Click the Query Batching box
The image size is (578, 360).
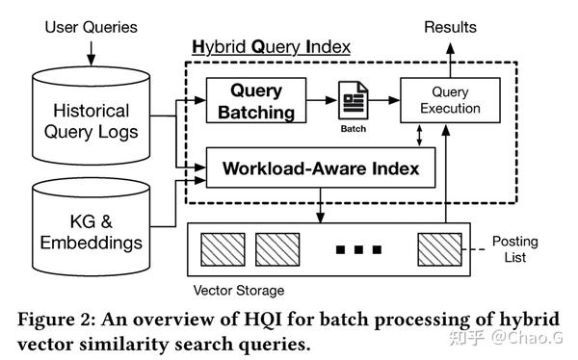[255, 100]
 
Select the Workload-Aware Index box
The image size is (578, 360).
[321, 167]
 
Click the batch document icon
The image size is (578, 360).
[351, 100]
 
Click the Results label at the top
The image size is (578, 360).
[451, 27]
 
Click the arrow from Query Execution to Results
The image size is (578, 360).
[451, 56]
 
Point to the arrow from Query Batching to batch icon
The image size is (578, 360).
[320, 100]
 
